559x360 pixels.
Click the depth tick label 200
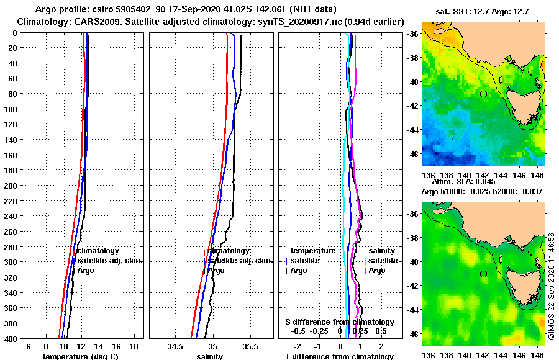[x=9, y=185]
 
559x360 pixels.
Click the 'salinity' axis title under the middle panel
[x=210, y=356]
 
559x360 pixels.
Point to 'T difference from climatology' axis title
[x=339, y=356]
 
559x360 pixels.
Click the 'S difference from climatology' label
[x=339, y=322]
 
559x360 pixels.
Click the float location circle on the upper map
[x=483, y=94]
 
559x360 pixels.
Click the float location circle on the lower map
[x=483, y=274]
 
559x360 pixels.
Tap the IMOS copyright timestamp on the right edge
[x=552, y=286]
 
